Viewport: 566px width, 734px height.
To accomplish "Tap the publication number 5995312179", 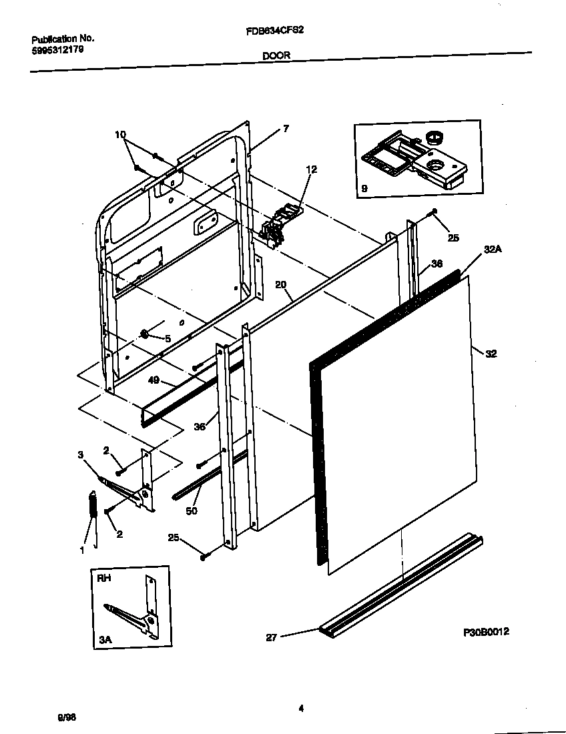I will click(57, 49).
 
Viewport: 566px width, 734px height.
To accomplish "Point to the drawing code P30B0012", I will click(487, 631).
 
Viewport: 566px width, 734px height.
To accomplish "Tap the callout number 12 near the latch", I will click(311, 169).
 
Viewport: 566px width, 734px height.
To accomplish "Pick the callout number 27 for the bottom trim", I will click(271, 637).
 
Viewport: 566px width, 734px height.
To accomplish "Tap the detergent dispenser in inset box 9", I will click(407, 159).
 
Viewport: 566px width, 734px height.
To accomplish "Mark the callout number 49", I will click(153, 381).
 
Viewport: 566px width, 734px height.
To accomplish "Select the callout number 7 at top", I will click(286, 129).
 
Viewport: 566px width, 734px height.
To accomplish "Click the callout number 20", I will click(280, 285).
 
